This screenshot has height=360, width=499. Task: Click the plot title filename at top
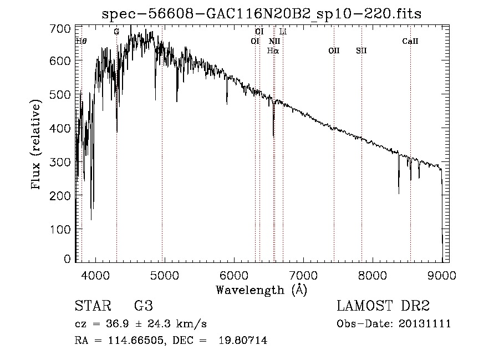click(x=261, y=14)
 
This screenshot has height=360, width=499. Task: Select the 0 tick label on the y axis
click(x=68, y=259)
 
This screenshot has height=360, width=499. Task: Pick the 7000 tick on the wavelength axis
click(x=303, y=274)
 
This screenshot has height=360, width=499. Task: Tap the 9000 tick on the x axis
click(x=442, y=274)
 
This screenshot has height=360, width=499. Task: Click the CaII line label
click(x=410, y=41)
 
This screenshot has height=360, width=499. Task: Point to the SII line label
click(x=361, y=50)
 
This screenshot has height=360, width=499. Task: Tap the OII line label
click(x=334, y=50)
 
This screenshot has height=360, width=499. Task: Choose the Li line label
click(x=283, y=32)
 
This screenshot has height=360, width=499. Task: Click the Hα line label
click(x=273, y=50)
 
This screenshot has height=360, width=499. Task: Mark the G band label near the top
click(x=116, y=32)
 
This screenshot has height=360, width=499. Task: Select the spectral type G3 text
click(x=143, y=306)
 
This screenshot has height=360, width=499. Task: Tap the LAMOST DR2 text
click(x=383, y=306)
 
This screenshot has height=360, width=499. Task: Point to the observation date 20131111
click(x=425, y=323)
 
